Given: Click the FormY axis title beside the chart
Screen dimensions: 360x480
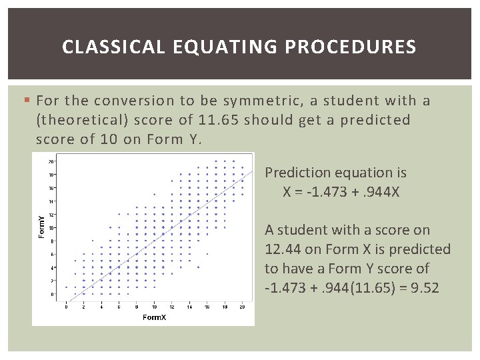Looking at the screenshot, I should pos(41,227).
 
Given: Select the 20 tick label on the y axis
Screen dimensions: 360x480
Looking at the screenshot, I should pos(51,161).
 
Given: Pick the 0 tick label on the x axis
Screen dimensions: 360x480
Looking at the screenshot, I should pos(65,307).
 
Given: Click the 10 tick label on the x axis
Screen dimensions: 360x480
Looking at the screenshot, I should pos(154,307).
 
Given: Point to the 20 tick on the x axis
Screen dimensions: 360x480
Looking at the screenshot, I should pos(243,307).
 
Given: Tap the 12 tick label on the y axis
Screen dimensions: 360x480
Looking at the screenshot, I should pos(51,215).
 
